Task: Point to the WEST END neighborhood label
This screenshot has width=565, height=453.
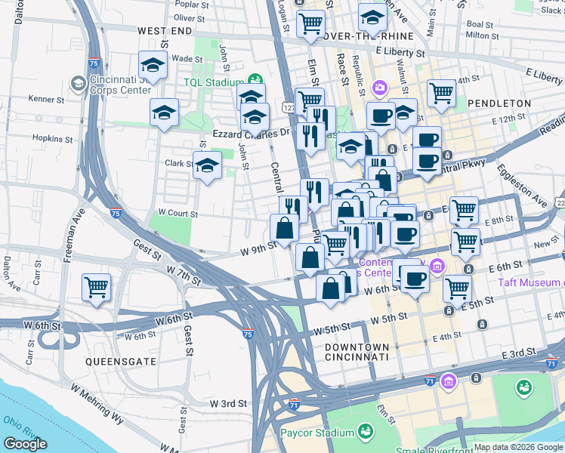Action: (x=165, y=31)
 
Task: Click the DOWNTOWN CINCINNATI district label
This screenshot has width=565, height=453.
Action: (x=357, y=351)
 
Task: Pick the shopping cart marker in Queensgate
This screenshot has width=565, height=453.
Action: (x=97, y=287)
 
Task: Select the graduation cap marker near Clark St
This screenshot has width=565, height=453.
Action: (x=206, y=165)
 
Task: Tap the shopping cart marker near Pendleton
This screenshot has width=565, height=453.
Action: (x=441, y=93)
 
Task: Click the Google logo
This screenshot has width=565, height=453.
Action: (x=25, y=444)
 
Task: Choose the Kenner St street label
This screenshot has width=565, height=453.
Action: (x=47, y=99)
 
